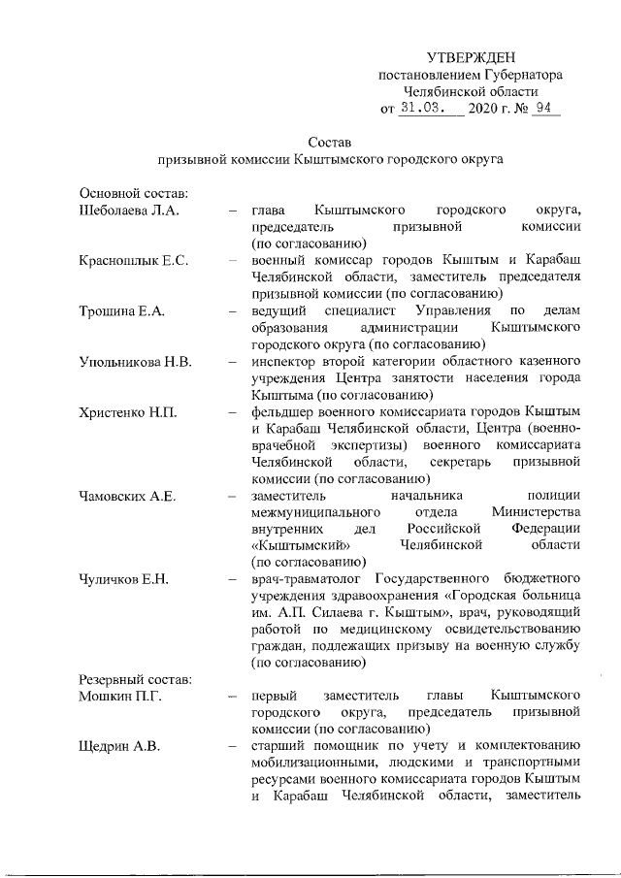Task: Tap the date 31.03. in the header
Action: [x=424, y=109]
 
